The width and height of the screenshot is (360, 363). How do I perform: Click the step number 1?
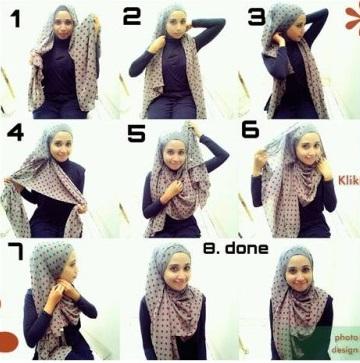[16, 18]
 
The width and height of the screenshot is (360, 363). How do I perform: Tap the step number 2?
[133, 16]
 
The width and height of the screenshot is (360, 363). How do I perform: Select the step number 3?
[257, 17]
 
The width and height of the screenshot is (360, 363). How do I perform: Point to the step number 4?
[15, 132]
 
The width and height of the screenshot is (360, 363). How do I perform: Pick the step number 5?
[136, 133]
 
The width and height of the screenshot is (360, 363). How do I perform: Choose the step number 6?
[250, 130]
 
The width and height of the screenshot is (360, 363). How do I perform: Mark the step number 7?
[16, 251]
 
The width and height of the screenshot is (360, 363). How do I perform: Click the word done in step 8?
[247, 248]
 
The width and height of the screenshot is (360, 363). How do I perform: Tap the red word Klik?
[349, 181]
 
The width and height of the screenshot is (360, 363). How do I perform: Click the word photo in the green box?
[346, 337]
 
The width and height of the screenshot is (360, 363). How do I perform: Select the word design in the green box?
[345, 350]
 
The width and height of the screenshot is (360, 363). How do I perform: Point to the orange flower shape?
[353, 17]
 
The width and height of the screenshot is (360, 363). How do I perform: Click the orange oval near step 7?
[8, 342]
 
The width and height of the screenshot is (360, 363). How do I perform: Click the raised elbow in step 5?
[222, 155]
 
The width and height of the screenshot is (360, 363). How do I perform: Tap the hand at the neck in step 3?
[279, 40]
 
